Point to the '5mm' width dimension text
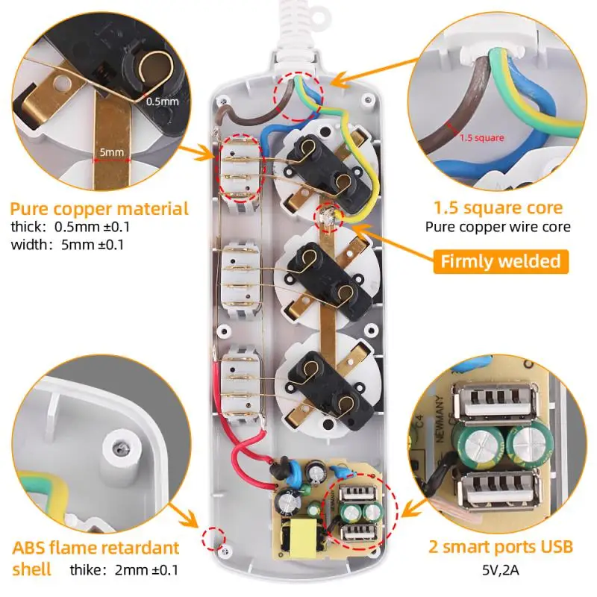click(x=111, y=152)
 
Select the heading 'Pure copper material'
click(x=99, y=208)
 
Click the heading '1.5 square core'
click(x=498, y=208)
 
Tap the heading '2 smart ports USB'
click(x=498, y=547)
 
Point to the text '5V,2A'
click(x=498, y=574)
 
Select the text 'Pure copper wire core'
click(x=498, y=225)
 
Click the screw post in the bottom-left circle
click(x=119, y=448)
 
